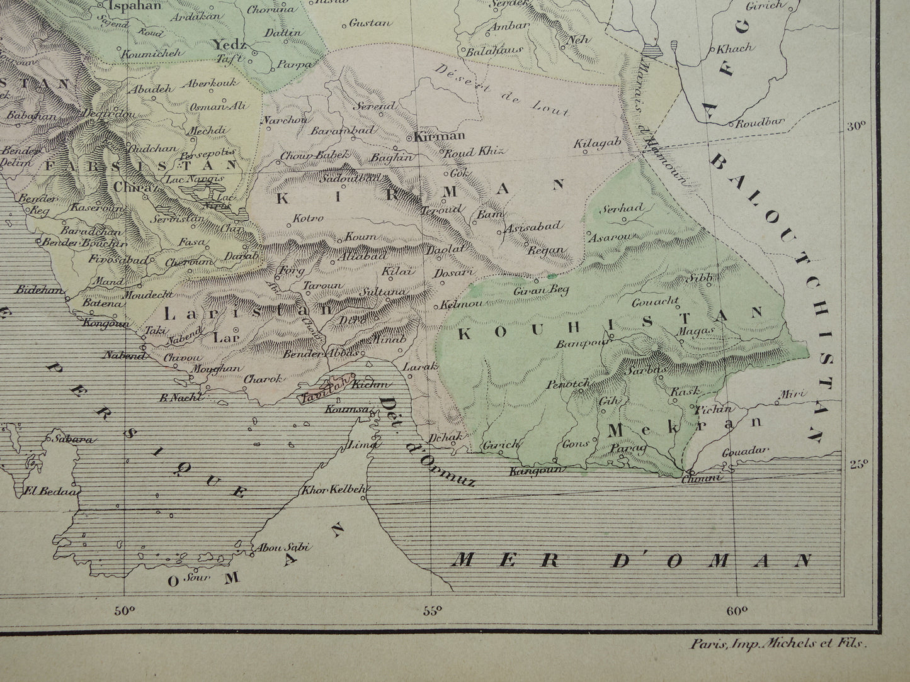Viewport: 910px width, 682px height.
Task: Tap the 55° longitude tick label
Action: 432,610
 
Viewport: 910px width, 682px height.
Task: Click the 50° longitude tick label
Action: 125,610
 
